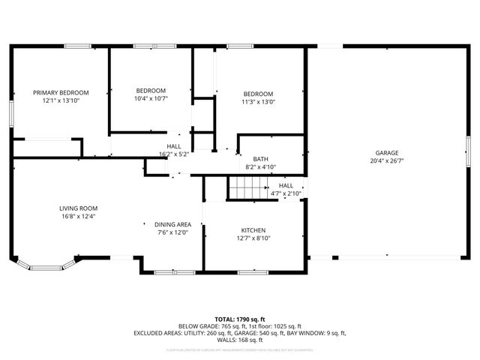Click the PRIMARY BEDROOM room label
61,92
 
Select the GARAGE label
387,153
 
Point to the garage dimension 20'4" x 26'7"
387,161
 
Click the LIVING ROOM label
79,208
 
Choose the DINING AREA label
172,225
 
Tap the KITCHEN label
253,230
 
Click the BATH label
260,159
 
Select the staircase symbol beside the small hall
244,188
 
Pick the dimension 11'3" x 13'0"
258,102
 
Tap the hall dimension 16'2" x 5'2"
173,154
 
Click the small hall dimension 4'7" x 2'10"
286,193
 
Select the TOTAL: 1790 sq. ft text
240,319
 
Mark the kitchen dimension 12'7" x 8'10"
253,238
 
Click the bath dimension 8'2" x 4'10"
261,167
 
